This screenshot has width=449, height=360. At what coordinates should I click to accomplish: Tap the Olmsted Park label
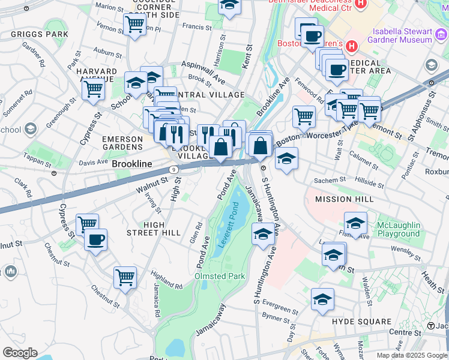pos(220,276)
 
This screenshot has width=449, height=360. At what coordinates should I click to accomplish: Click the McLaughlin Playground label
pos(398,229)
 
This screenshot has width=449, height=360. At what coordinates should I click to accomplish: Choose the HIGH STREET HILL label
pos(154,229)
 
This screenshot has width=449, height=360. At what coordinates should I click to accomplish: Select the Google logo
pos(20,353)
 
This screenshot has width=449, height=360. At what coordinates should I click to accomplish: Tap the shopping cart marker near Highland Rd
pos(125,277)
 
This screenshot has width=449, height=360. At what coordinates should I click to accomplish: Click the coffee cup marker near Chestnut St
pos(95,240)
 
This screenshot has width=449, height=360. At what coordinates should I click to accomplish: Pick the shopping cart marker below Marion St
pos(134,25)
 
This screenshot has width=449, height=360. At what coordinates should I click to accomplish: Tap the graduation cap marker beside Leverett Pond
pos(262,235)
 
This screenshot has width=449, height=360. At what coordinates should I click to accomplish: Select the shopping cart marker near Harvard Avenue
pos(93,89)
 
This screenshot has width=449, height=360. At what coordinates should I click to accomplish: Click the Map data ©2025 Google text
pos(412,355)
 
